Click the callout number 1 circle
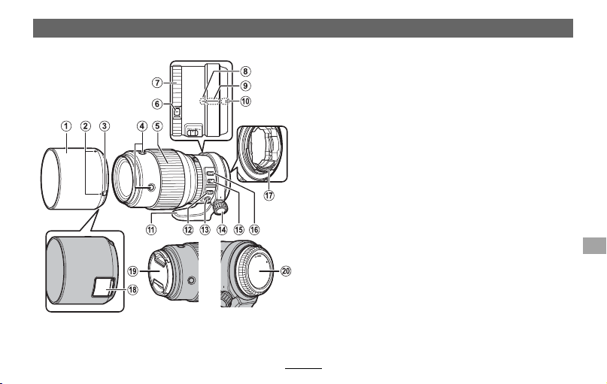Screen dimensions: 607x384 (66, 126)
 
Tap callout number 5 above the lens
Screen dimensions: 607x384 (157, 126)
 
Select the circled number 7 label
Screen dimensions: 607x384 (156, 83)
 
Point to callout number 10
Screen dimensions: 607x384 (245, 101)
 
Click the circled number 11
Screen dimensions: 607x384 (151, 229)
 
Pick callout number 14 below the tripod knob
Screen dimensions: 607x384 (222, 229)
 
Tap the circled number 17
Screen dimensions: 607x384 (269, 195)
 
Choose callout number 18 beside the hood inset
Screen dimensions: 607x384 (133, 289)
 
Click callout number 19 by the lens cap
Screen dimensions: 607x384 (133, 271)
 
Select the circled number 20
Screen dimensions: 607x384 (286, 271)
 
